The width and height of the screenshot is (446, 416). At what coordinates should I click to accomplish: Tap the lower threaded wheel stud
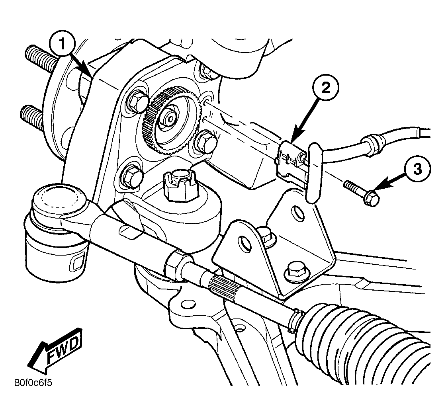pos(32,117)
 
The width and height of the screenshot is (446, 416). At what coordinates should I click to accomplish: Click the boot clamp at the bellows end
pos(294,320)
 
